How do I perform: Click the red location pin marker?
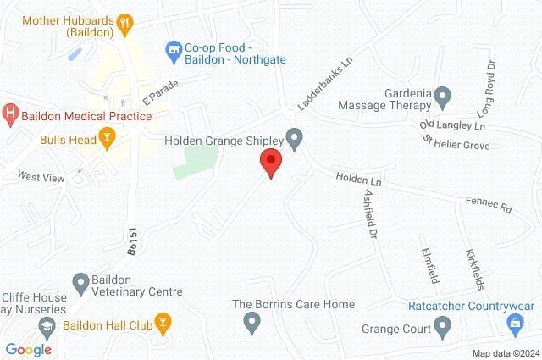[270, 161]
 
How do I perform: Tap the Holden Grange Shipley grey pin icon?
[295, 136]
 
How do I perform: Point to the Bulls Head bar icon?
[107, 136]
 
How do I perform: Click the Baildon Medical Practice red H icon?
[10, 112]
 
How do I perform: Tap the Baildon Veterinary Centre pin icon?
[81, 281]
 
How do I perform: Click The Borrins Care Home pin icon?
[251, 322]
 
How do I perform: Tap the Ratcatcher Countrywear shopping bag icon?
[515, 323]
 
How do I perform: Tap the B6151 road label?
[131, 239]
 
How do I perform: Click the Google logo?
[28, 349]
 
